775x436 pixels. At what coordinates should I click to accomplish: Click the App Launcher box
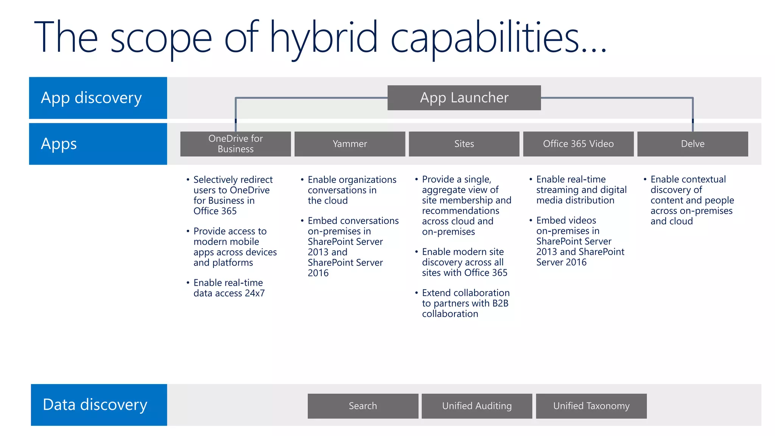pos(464,98)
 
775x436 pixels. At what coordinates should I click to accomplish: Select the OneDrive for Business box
pos(235,144)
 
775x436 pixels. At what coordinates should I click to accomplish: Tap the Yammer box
pos(350,144)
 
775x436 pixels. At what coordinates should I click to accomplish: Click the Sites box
pos(464,144)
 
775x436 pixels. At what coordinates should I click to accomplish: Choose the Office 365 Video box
pos(578,144)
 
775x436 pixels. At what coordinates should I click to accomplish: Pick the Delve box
pos(693,144)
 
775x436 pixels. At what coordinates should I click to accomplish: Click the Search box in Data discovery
pos(363,406)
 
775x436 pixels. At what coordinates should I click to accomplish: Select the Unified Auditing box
pos(477,406)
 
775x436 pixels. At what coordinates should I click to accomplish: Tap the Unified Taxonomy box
pos(591,406)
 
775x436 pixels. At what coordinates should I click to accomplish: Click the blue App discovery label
pos(98,98)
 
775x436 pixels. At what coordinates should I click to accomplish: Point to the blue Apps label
pos(98,144)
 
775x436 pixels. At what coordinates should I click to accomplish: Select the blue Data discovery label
pos(98,405)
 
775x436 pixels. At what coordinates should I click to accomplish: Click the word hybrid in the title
pos(324,38)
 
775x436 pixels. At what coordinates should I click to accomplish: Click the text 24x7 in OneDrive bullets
pos(254,293)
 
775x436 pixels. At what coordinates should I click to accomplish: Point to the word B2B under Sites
pos(500,303)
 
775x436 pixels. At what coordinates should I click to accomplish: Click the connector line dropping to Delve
pos(693,114)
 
